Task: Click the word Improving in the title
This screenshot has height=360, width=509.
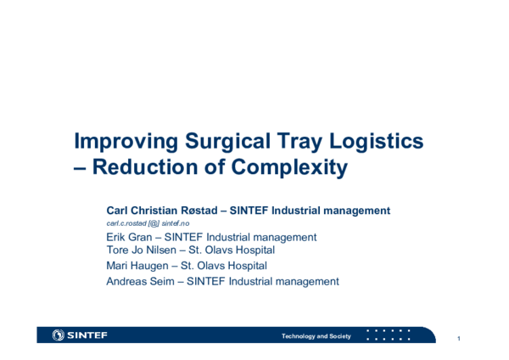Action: coord(124,141)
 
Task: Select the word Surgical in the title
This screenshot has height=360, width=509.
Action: coord(223,141)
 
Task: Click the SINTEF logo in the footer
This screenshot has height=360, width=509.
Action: coord(80,335)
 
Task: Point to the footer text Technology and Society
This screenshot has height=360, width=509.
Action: coord(316,336)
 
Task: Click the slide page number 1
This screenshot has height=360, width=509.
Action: coord(458,340)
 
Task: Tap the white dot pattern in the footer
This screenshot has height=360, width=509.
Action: coord(388,335)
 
